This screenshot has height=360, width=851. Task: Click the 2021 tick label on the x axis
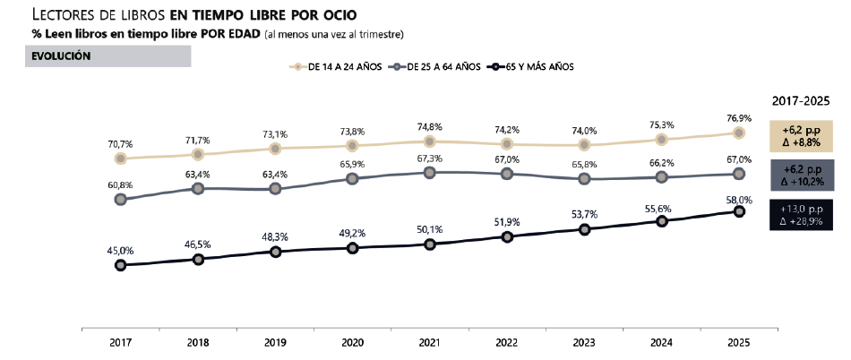point(429,342)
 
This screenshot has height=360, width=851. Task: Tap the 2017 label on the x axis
point(120,342)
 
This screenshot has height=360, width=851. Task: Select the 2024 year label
point(661,342)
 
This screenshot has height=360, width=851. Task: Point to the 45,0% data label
point(120,250)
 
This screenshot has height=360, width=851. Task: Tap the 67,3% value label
point(429,158)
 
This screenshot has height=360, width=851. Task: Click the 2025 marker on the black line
point(739,211)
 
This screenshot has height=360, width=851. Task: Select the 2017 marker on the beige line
point(120,159)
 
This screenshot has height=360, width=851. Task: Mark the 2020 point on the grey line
point(352,178)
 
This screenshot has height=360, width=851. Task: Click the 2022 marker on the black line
point(507,236)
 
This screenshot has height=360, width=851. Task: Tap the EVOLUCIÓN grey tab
point(108,56)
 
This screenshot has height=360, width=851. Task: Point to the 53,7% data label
point(584,215)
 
